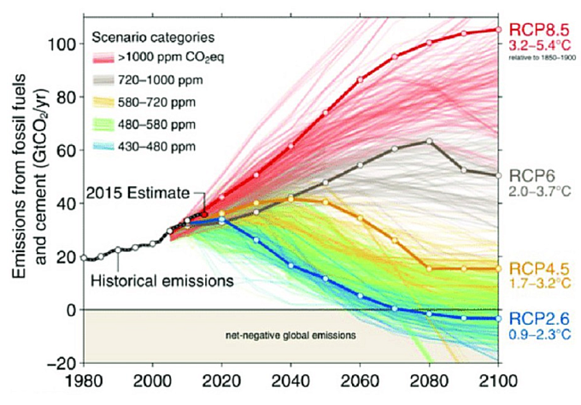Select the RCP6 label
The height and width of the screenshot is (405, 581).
click(532, 176)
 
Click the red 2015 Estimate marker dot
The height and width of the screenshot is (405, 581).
click(204, 214)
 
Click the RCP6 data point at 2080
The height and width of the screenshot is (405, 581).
click(429, 141)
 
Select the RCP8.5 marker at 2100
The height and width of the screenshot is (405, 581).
click(498, 29)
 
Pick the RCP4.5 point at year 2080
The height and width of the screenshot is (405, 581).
click(429, 268)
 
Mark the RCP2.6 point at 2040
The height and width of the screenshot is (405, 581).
click(290, 266)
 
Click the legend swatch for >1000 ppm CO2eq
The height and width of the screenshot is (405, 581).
click(103, 58)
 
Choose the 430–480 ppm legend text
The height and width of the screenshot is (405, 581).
click(156, 147)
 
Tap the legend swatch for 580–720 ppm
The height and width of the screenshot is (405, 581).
click(103, 103)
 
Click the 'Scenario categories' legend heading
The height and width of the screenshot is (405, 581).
click(153, 38)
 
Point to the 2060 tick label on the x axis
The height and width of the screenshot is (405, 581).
click(361, 381)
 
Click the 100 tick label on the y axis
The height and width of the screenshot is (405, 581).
click(62, 44)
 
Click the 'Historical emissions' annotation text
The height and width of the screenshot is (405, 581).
click(162, 281)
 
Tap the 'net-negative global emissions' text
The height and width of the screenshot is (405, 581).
click(290, 336)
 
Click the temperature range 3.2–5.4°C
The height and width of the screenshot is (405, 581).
click(539, 46)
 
